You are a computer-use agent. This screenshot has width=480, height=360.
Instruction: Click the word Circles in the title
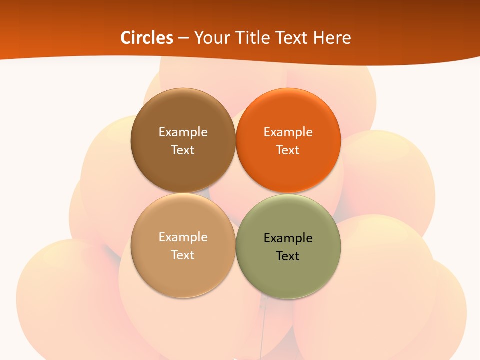click(147, 38)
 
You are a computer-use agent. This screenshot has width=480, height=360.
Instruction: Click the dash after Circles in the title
click(183, 38)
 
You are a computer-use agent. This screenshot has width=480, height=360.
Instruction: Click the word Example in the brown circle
click(183, 132)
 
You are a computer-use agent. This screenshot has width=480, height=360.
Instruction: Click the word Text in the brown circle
click(183, 150)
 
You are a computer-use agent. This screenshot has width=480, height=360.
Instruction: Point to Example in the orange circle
click(288, 132)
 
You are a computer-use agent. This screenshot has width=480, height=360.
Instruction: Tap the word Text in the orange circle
click(288, 150)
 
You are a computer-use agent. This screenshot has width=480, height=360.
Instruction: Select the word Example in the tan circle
click(183, 237)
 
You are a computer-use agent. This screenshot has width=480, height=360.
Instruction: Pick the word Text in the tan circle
click(183, 255)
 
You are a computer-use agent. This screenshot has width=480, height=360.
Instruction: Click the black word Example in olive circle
click(288, 238)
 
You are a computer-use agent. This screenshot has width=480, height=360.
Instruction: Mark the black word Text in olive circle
click(288, 256)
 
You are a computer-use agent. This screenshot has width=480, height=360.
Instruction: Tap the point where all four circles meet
click(235, 193)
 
